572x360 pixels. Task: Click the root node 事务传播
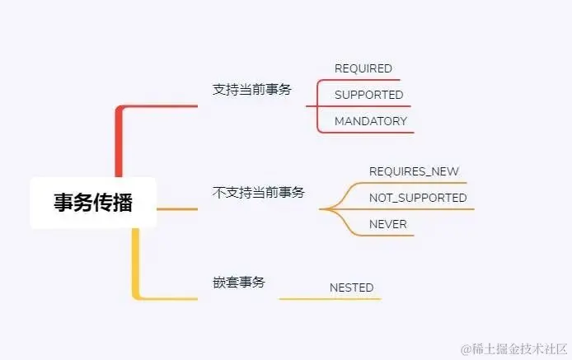tap(92, 203)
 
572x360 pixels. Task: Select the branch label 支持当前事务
tap(251, 89)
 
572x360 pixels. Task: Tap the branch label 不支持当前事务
tap(258, 192)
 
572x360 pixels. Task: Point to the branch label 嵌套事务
tap(238, 282)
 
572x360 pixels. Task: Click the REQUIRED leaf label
tap(363, 68)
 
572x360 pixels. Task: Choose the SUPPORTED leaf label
tap(368, 95)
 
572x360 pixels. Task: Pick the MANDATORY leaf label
tap(370, 121)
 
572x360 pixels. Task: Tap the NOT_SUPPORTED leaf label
tap(418, 198)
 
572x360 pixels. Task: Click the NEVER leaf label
tap(387, 224)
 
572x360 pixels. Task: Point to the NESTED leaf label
tap(351, 288)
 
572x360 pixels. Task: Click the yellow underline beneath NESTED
tap(330, 298)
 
